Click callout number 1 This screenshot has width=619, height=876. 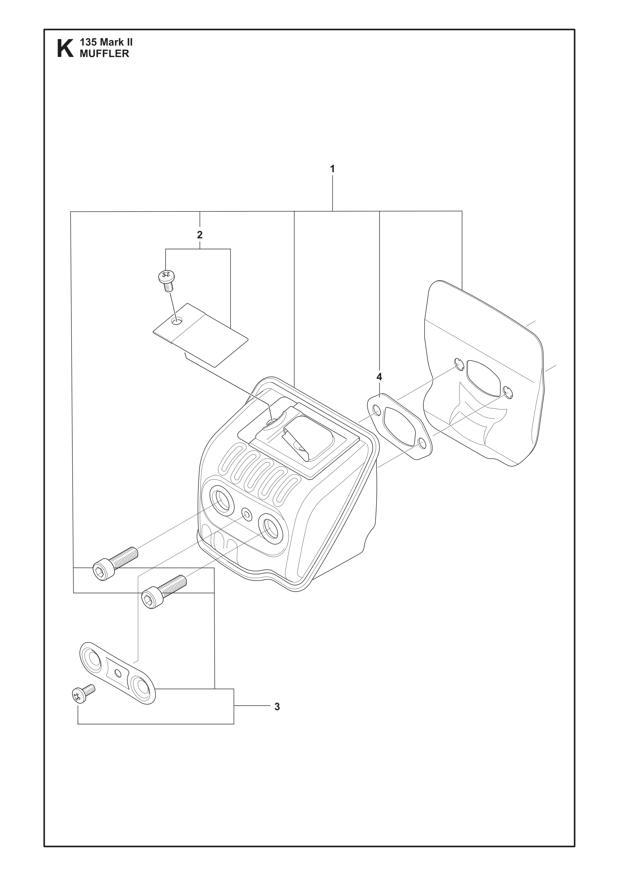point(332,169)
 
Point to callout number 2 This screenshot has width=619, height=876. point(200,235)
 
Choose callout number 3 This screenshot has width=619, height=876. point(277,707)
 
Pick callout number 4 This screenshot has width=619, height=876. point(379,377)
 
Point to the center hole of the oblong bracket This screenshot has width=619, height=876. point(119,673)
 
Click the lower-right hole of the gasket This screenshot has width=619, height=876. point(422,443)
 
